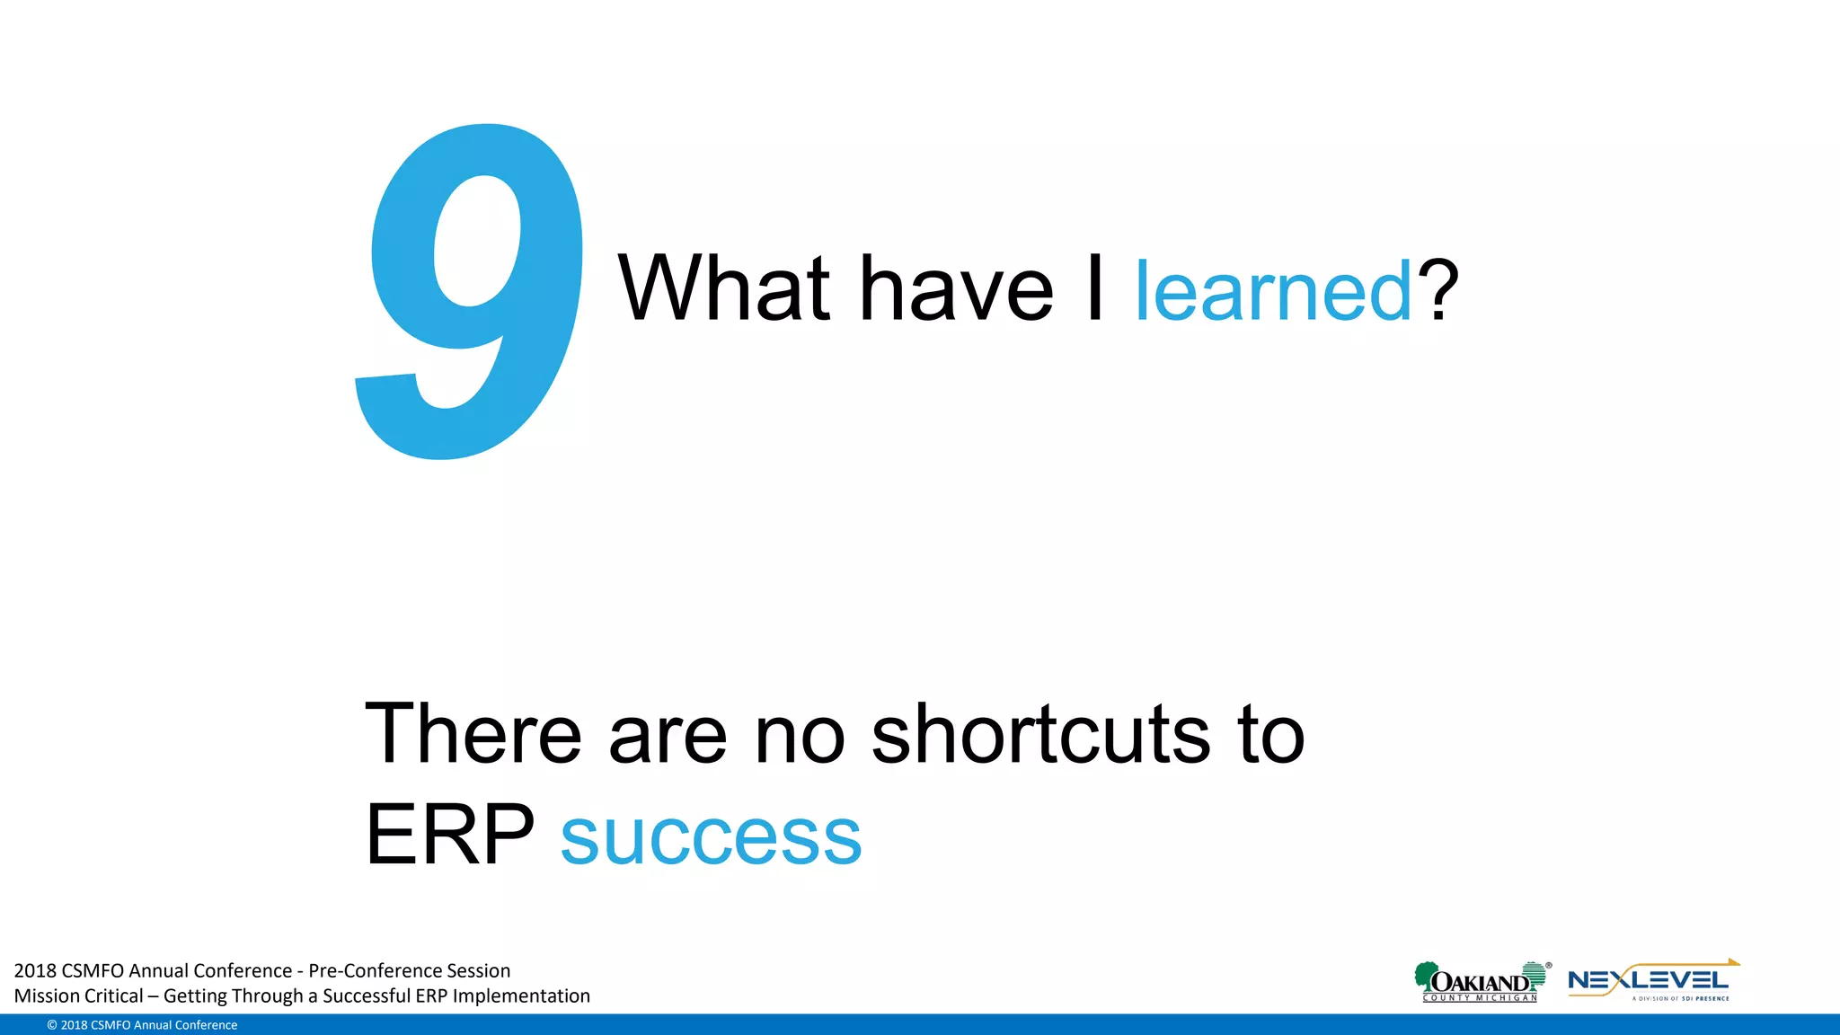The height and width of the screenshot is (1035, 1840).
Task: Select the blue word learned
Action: [x=1274, y=291]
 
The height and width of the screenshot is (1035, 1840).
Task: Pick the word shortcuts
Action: [x=1041, y=734]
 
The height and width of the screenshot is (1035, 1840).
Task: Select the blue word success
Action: [x=711, y=836]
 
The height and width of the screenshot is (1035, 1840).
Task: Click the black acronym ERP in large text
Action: [x=449, y=835]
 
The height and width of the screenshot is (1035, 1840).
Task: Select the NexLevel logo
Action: [x=1651, y=981]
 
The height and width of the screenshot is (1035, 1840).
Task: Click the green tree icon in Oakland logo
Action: [x=1425, y=976]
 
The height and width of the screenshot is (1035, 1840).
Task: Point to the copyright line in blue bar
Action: [x=142, y=1025]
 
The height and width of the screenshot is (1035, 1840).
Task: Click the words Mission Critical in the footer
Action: [x=78, y=995]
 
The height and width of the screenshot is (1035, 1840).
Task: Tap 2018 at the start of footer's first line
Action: [x=35, y=970]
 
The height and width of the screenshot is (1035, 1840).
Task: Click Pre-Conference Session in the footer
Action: [x=409, y=970]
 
